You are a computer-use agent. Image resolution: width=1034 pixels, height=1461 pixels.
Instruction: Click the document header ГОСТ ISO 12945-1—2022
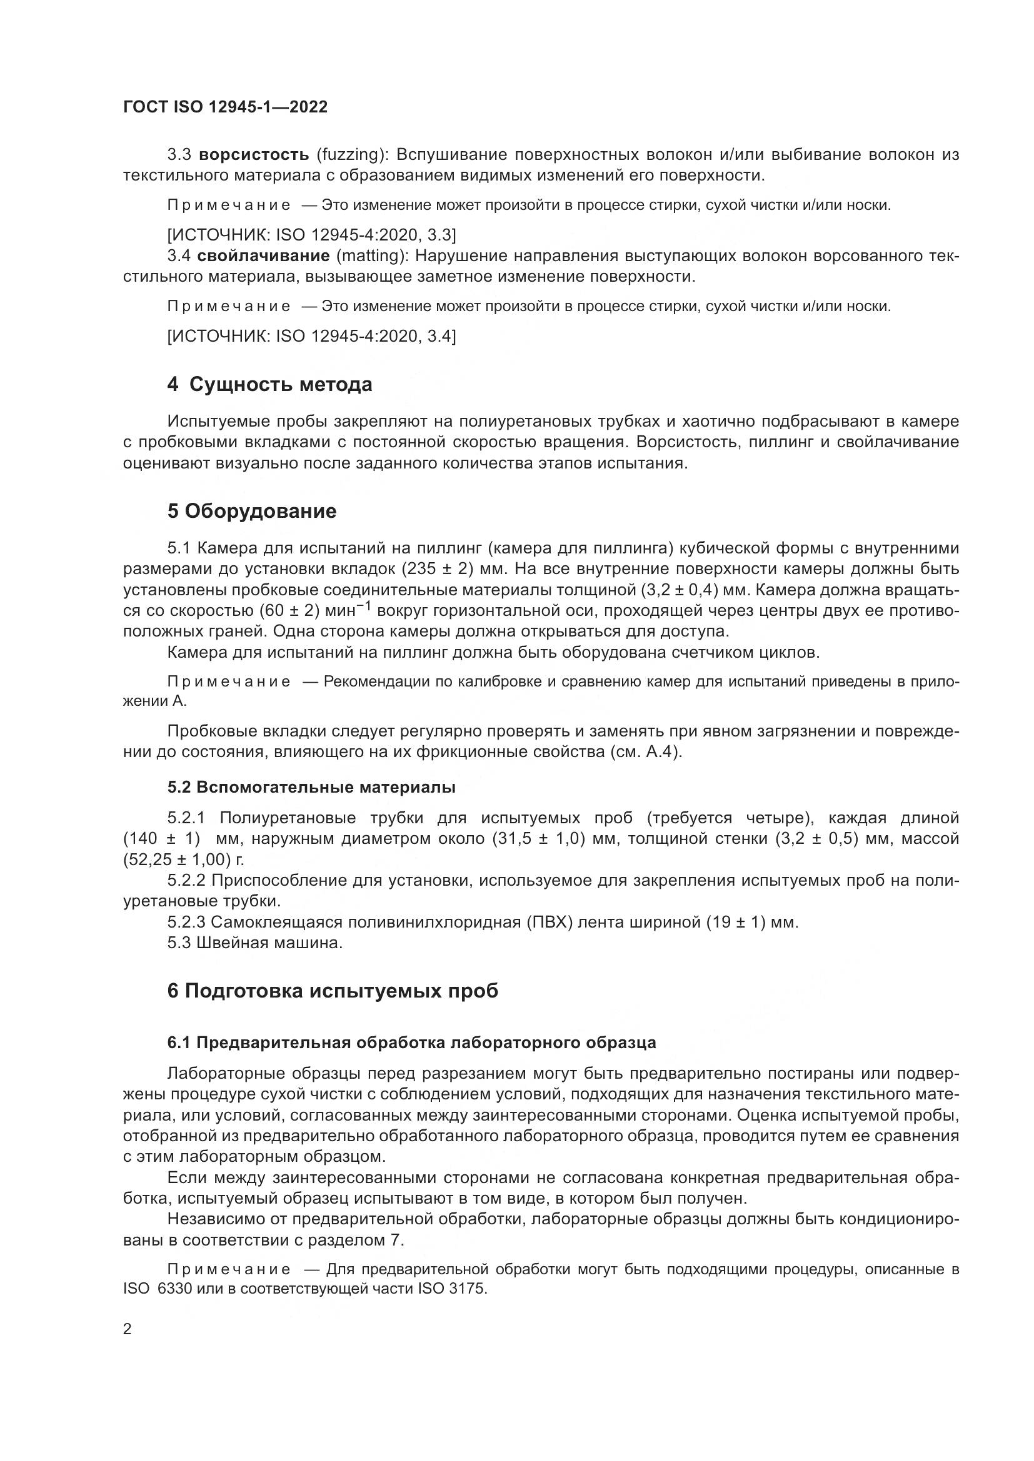[225, 107]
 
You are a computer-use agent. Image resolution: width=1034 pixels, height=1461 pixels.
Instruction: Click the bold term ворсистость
[253, 155]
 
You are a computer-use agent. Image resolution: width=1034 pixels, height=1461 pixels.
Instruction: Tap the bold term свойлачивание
[263, 256]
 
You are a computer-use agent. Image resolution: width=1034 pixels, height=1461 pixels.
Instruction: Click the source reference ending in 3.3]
[311, 235]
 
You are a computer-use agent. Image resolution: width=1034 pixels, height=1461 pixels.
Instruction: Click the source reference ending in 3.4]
[311, 336]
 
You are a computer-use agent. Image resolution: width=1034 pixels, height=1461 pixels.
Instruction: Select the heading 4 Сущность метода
[269, 384]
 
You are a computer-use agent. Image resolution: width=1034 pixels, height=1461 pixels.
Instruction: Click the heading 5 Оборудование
[251, 511]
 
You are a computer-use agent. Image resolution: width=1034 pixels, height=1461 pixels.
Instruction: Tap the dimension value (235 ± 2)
[421, 568]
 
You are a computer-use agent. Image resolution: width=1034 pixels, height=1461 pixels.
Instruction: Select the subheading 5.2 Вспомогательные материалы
[311, 787]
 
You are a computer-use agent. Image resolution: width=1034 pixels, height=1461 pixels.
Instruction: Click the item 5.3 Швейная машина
[254, 943]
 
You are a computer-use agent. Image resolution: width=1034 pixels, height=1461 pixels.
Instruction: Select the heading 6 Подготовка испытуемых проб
[333, 991]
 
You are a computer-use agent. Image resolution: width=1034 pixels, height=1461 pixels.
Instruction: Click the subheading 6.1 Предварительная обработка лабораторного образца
[411, 1043]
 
